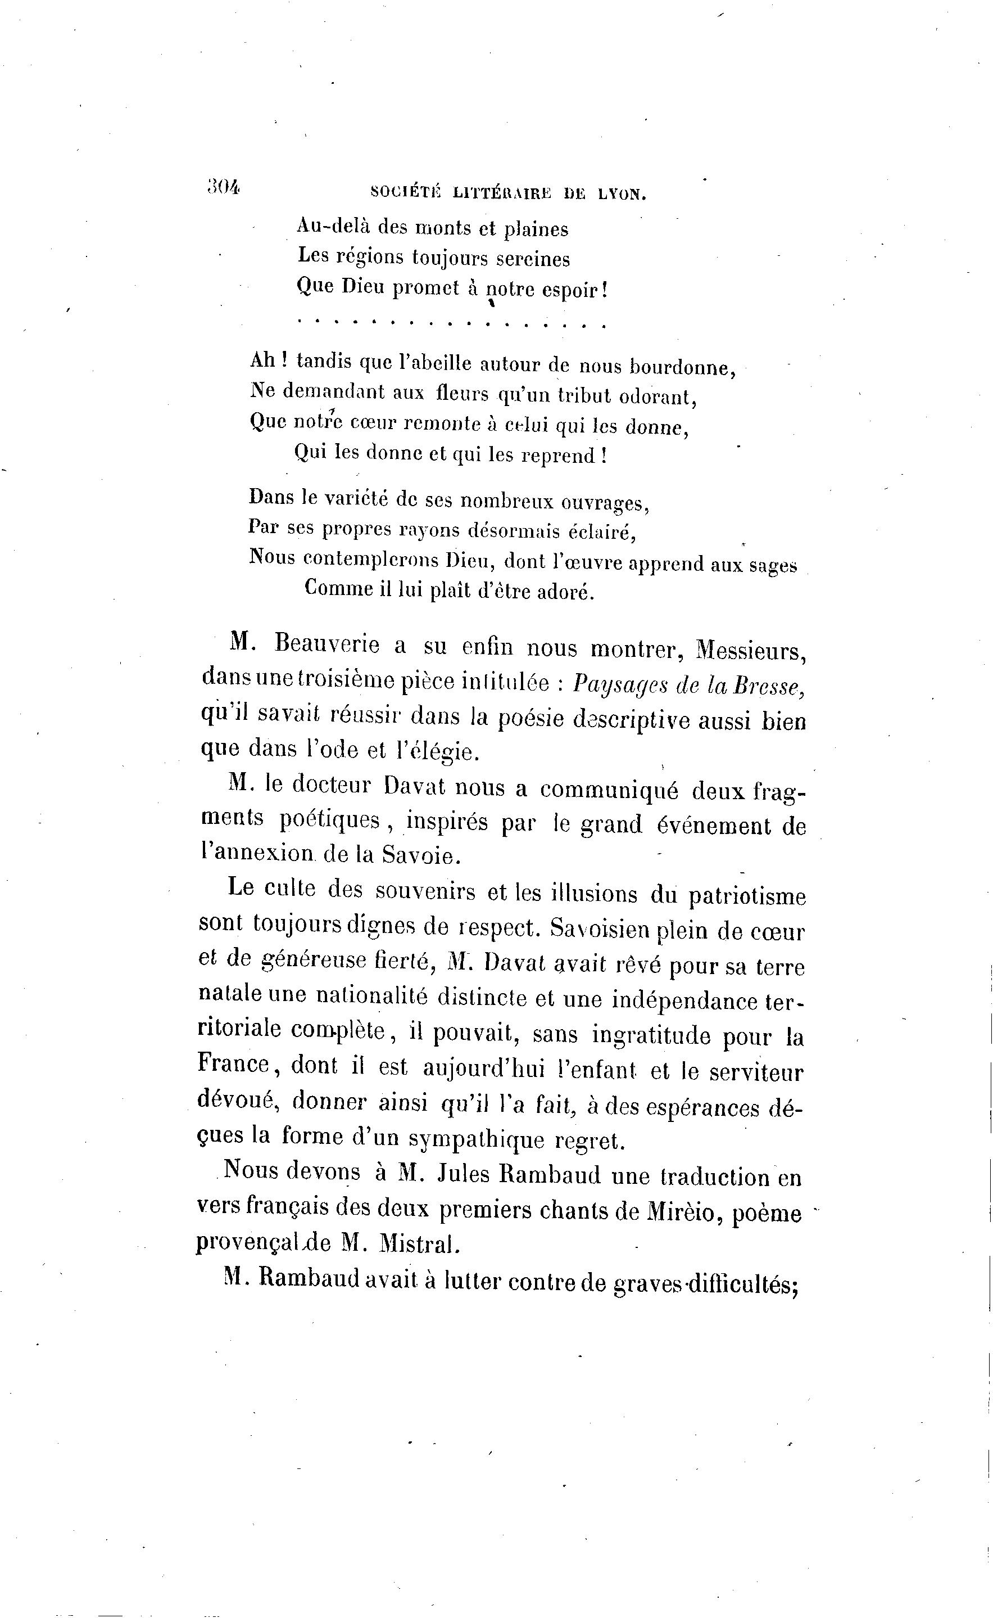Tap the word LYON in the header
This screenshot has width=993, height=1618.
point(622,194)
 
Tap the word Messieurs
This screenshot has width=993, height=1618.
point(751,650)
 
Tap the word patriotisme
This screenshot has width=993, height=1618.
point(747,897)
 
